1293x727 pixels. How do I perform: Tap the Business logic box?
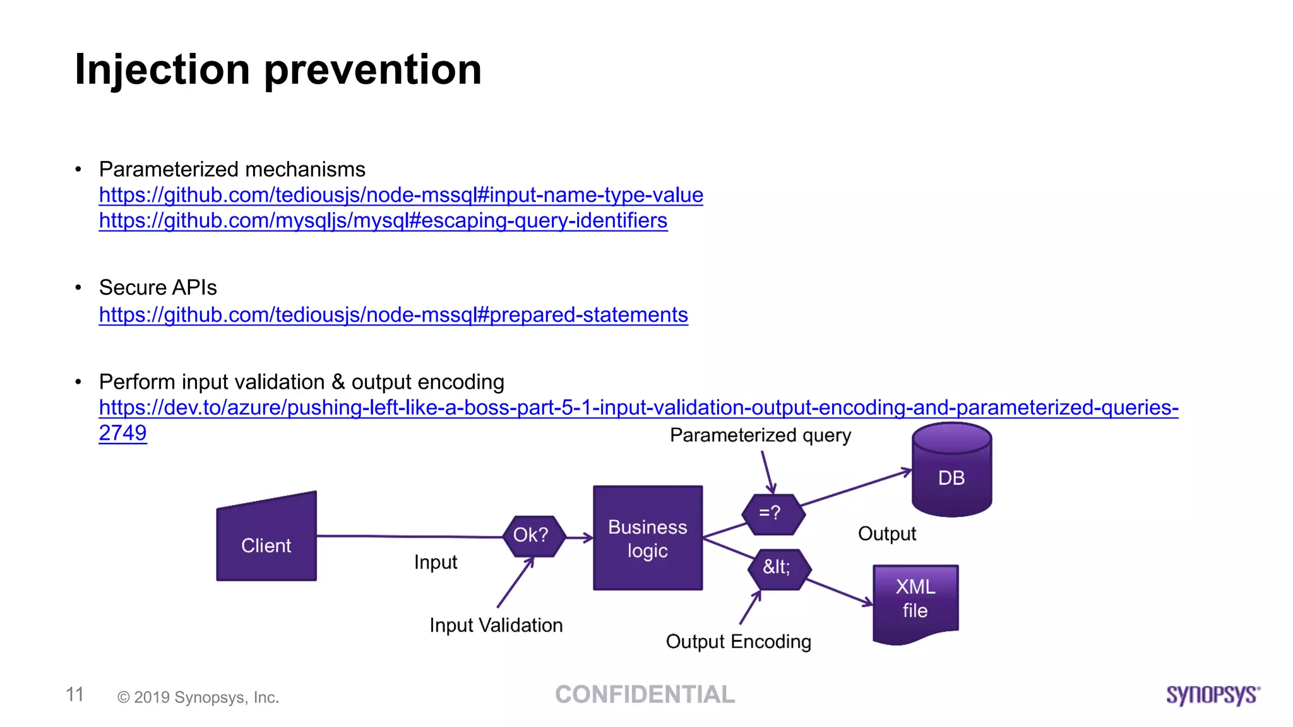click(647, 538)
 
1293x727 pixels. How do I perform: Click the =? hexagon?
click(772, 514)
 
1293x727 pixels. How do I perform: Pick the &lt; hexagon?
click(778, 568)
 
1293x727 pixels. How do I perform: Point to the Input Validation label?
click(496, 625)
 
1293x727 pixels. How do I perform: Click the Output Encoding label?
click(738, 642)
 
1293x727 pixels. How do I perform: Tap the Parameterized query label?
click(760, 435)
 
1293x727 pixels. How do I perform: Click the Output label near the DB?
click(886, 534)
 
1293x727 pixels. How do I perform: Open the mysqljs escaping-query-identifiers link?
click(383, 221)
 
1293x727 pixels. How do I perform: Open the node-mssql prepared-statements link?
click(393, 315)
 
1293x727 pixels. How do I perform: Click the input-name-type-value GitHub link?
click(400, 196)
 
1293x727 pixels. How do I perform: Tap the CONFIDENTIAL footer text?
click(645, 695)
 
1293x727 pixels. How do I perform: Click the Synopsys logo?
click(1212, 695)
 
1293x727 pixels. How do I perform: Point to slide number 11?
click(74, 695)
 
